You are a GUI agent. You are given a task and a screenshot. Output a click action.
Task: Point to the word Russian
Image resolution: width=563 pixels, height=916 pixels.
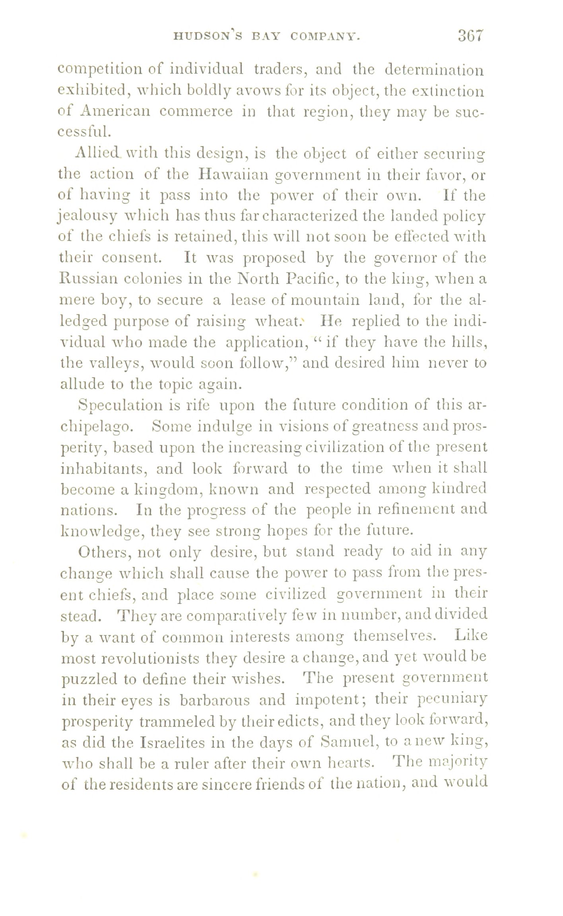point(88,279)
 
